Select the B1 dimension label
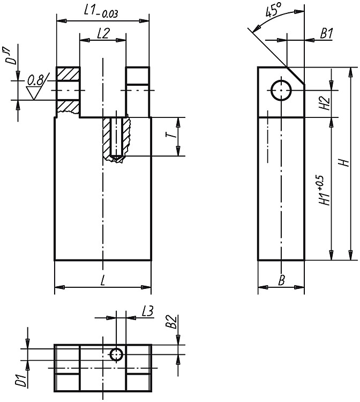coord(326,33)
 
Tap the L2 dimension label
coord(103,33)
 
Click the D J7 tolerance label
coord(12,56)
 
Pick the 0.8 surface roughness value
coord(35,80)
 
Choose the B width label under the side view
coord(282,280)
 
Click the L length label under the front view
coord(103,280)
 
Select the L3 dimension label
coord(147,311)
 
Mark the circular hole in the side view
coord(281,90)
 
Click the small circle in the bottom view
coord(117,355)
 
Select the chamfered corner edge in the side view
coord(295,76)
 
